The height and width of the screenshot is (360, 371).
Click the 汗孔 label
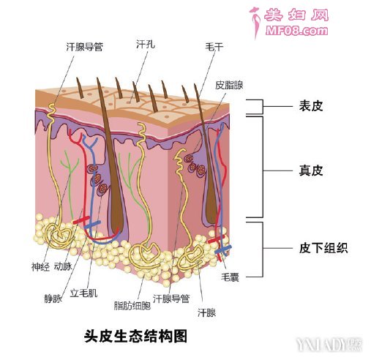(146, 45)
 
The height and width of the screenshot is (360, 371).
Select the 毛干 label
(214, 47)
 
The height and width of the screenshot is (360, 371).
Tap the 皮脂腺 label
(229, 85)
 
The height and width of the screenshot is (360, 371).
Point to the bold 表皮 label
(311, 106)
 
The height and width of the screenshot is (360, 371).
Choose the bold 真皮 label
(311, 170)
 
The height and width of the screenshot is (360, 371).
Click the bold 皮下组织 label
(323, 248)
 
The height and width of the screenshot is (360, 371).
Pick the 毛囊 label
(230, 277)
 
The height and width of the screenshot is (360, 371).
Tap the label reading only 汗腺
(206, 312)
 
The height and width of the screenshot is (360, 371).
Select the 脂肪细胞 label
(132, 305)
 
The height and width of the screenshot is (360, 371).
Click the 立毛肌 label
(83, 293)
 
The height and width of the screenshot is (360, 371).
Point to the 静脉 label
(53, 299)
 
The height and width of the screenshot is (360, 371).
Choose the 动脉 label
(63, 266)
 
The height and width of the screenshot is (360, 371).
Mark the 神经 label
(40, 267)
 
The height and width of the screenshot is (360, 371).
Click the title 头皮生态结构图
(135, 336)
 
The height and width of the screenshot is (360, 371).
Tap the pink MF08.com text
(296, 31)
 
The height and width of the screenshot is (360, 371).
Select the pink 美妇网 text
(296, 15)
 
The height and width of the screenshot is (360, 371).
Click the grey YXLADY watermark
(329, 345)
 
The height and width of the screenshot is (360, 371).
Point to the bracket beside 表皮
(263, 107)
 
